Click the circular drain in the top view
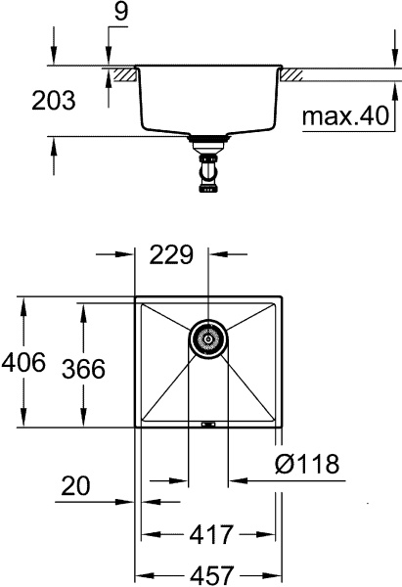tap(206, 339)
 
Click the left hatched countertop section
tap(122, 74)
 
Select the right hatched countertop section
tap(290, 74)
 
